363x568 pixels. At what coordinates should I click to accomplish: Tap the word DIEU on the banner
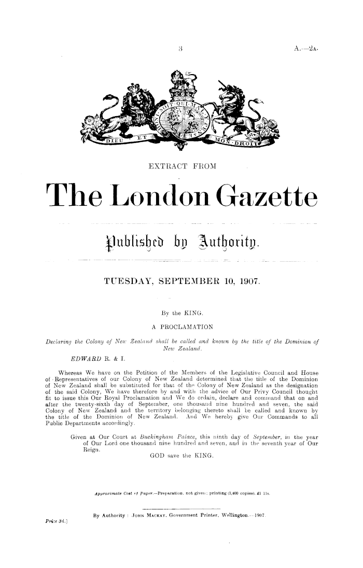(115, 139)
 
